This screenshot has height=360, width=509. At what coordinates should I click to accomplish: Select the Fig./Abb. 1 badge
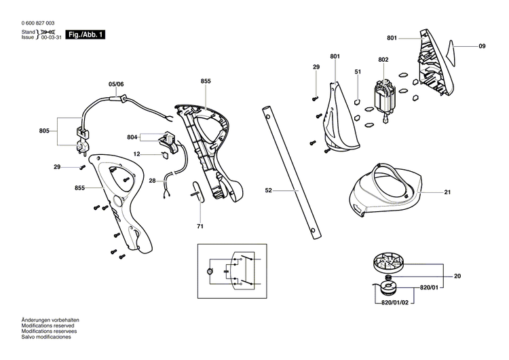86,35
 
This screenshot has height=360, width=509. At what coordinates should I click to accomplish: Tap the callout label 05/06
116,85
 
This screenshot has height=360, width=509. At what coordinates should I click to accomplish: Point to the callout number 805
45,130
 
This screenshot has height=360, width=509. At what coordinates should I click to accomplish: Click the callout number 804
132,137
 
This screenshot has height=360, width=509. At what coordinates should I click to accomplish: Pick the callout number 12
136,154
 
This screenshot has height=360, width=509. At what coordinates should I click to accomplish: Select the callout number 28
153,180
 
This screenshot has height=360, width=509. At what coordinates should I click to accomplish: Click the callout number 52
268,192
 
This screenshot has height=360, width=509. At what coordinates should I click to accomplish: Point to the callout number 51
357,71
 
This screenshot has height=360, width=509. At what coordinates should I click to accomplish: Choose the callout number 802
383,60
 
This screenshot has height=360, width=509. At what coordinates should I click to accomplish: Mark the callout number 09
482,46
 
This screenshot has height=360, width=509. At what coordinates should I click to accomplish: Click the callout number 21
447,192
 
